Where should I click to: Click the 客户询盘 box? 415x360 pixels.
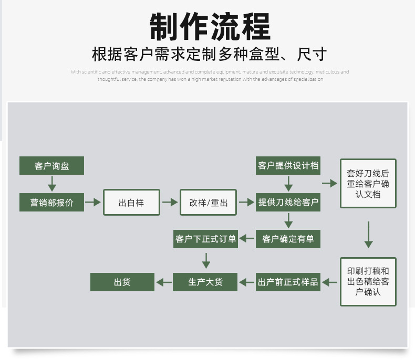point(51,166)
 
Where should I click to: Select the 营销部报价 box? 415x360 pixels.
point(51,203)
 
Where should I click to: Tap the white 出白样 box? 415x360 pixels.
point(131,203)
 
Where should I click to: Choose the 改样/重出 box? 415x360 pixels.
point(209,203)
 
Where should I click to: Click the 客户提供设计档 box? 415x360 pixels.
point(288,166)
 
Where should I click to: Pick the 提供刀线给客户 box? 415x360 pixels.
point(288,203)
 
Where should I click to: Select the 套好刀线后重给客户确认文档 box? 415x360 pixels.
point(368,184)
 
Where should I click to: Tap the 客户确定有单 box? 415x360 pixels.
point(288,239)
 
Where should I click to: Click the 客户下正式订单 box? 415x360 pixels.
point(206,239)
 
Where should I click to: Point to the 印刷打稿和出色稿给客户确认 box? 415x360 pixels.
point(368,282)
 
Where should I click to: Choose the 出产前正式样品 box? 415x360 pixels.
point(288,282)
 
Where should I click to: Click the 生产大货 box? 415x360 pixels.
point(206,282)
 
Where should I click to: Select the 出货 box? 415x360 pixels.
point(122,282)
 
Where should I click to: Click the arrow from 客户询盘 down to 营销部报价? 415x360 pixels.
point(51,184)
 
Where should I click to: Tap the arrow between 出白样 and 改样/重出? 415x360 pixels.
point(170,203)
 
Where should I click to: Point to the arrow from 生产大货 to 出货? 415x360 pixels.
point(164,282)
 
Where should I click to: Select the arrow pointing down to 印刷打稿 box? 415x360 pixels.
point(368,234)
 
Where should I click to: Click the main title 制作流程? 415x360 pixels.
point(210,27)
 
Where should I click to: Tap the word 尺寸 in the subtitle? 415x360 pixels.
point(312,55)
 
